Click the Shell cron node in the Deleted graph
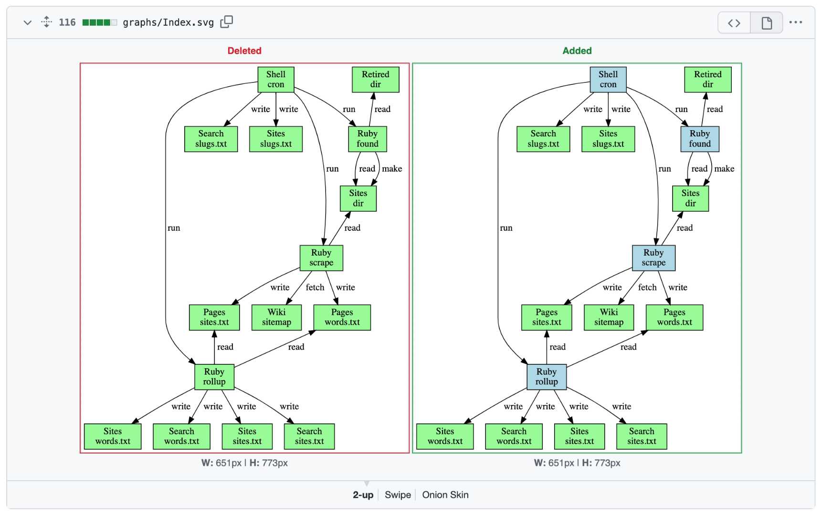276,79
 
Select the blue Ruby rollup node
547,377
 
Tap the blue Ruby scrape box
653,258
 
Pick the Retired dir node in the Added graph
708,79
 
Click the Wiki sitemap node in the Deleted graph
276,317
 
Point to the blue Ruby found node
700,139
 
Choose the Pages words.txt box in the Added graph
674,317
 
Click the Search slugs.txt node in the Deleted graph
211,139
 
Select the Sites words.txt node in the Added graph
445,436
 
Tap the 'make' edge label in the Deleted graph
392,169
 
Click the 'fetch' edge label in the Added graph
647,287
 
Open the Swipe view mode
398,495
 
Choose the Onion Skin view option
445,495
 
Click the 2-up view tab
363,495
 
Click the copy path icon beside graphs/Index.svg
227,22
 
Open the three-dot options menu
796,22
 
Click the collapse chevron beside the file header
28,22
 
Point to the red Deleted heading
244,51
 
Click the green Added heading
577,51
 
